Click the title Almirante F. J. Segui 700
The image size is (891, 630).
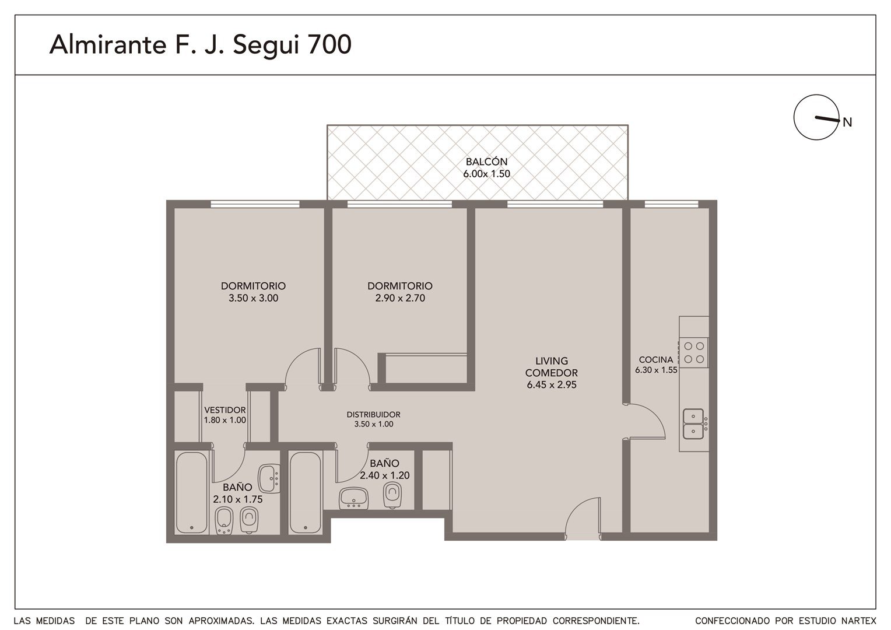[201, 44]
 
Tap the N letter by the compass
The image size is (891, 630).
[847, 123]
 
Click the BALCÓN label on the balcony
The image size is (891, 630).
[486, 162]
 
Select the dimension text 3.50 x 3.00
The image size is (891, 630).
[254, 298]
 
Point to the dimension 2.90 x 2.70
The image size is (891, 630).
[400, 298]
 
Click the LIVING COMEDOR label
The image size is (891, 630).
[551, 367]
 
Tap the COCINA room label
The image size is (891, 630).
[656, 360]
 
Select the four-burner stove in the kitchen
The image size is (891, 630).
[694, 352]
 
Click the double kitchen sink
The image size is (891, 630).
[693, 424]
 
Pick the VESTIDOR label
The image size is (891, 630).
[224, 410]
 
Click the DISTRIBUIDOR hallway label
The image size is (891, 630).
[374, 414]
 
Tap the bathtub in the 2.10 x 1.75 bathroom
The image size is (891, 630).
[192, 493]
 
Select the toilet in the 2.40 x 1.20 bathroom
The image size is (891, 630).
[392, 495]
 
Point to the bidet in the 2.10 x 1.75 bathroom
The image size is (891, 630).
[224, 520]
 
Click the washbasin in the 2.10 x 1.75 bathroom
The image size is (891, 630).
[269, 478]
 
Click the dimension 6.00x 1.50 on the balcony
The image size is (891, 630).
[486, 173]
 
